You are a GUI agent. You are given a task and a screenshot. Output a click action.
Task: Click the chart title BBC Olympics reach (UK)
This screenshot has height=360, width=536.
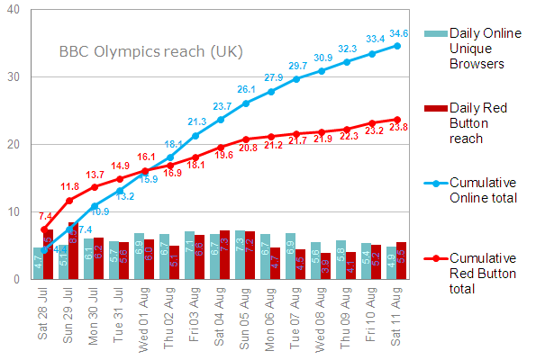pos(151,52)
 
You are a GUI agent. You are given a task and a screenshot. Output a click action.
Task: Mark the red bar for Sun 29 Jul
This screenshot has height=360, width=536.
pos(73,250)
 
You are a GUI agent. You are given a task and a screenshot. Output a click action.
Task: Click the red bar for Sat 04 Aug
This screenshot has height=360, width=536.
pos(224,255)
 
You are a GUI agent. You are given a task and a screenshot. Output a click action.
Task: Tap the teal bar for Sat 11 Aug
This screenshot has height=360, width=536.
pos(391,263)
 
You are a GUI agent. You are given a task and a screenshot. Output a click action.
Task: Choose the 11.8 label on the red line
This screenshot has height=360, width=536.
pos(69,187)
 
